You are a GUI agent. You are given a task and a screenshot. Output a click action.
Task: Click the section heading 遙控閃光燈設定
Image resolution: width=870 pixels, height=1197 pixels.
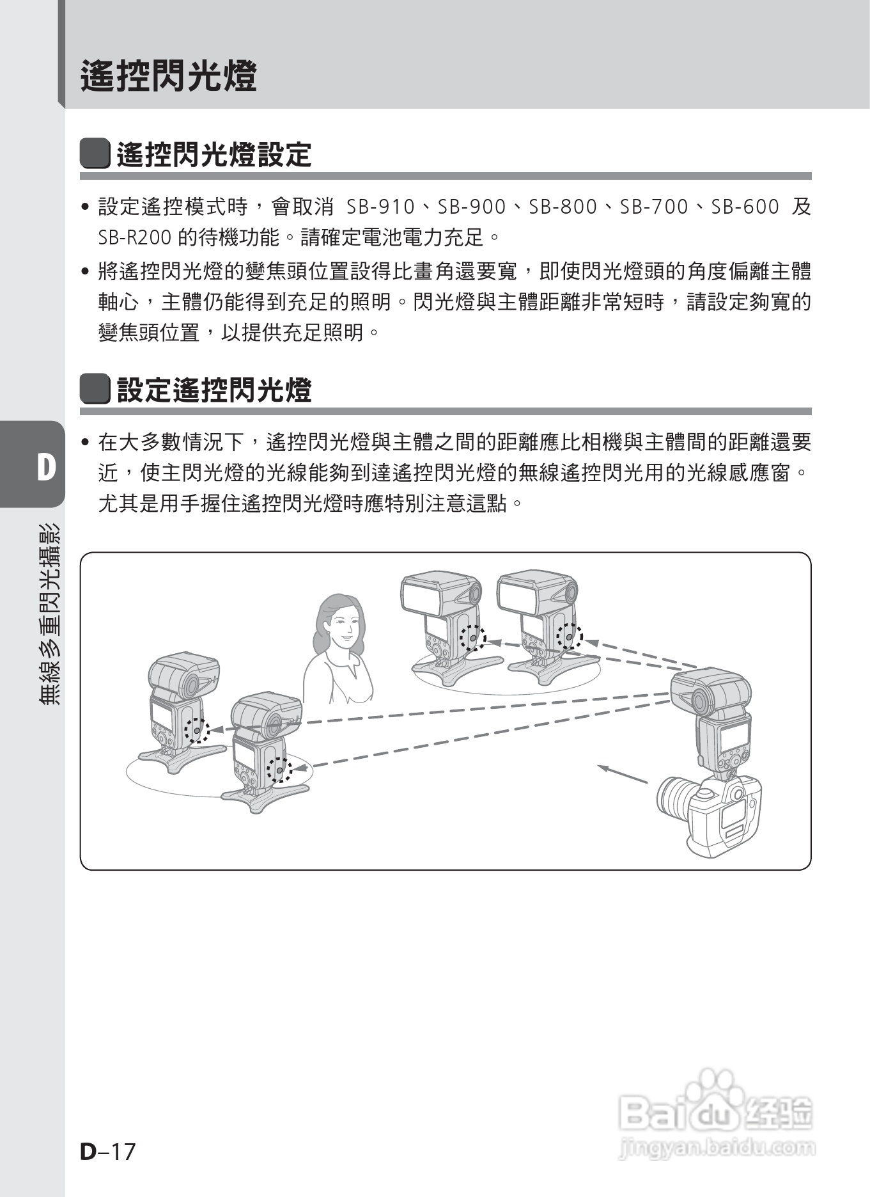[x=214, y=155]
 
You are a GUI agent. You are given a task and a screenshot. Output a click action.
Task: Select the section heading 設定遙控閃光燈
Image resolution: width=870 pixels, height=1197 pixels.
[x=214, y=390]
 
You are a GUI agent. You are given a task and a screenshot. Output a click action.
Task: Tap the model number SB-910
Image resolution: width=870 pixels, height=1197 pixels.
[x=380, y=207]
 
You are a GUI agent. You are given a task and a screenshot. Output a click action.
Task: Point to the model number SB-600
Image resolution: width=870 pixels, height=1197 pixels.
[x=745, y=207]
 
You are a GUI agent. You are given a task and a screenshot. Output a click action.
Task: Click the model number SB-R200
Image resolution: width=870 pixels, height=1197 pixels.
[x=134, y=238]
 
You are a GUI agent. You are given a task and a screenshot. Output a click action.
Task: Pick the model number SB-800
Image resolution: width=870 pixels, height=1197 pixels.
[x=563, y=207]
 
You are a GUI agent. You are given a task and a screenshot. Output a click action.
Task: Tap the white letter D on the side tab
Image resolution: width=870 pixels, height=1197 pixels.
[x=45, y=468]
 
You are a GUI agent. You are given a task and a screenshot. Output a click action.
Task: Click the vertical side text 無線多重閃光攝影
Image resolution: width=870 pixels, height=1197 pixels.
[x=49, y=614]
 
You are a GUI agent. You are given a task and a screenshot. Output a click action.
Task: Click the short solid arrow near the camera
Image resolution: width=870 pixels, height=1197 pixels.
[x=623, y=774]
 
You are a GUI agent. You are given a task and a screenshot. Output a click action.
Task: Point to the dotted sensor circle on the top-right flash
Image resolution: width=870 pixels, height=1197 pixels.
[x=568, y=637]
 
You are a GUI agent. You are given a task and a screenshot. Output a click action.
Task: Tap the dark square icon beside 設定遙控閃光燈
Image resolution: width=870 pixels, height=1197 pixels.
[x=95, y=390]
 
